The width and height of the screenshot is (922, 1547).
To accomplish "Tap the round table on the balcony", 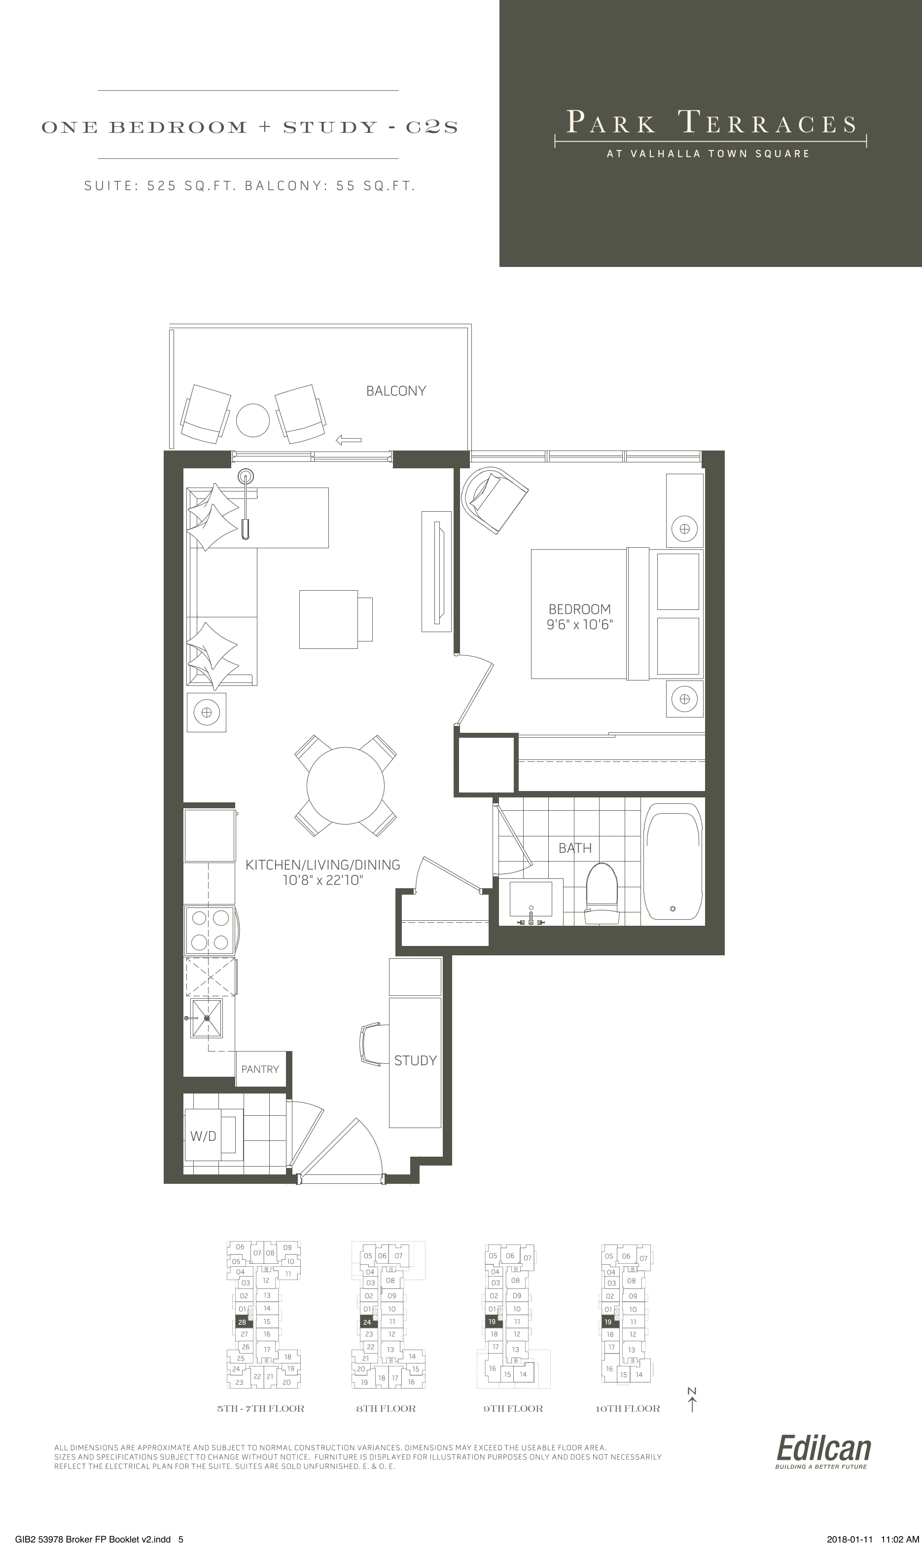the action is [x=253, y=420].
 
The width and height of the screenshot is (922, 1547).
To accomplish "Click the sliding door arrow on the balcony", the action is [x=349, y=440].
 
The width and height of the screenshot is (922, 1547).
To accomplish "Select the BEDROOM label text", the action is [x=579, y=609].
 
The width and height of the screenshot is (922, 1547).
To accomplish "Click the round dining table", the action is [x=346, y=785].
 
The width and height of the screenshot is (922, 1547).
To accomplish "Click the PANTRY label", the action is [x=260, y=1069].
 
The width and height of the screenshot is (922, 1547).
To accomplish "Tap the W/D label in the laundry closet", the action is [x=203, y=1136].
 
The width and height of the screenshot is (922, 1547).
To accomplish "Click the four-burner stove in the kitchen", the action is [x=210, y=930].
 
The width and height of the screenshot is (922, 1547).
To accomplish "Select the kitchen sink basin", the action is [x=206, y=1019].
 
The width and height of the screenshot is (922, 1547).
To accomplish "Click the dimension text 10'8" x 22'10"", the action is [x=322, y=880].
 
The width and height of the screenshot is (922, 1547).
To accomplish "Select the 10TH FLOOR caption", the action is [x=628, y=1408].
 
